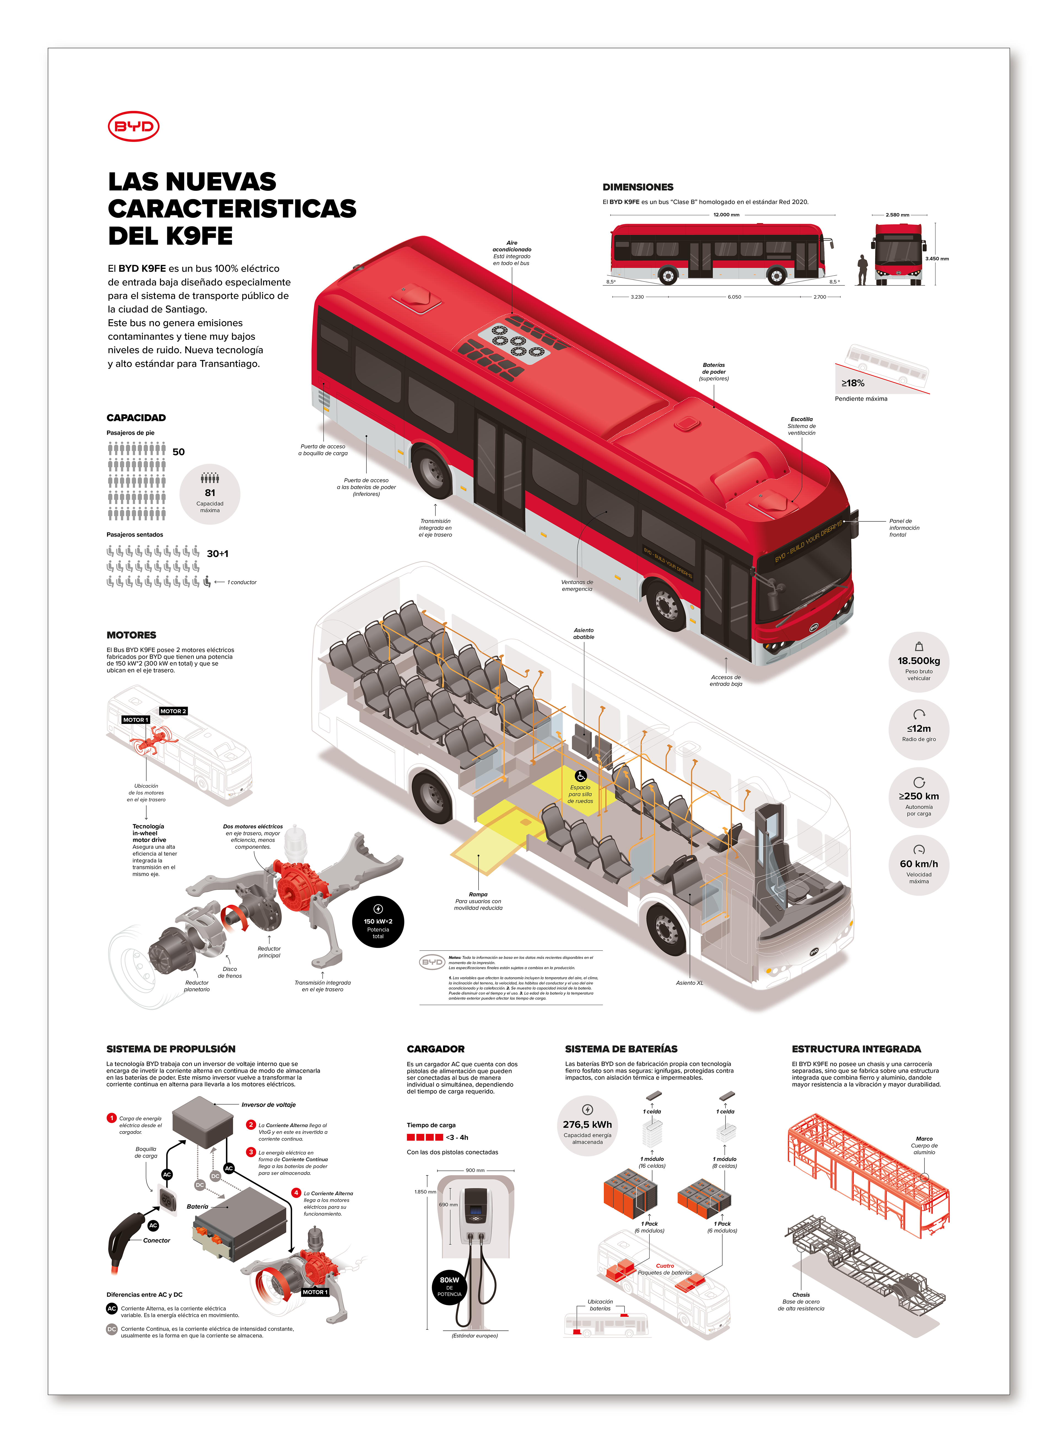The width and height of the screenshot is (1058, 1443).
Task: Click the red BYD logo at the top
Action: [x=133, y=126]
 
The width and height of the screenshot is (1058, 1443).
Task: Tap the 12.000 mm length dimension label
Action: [x=726, y=215]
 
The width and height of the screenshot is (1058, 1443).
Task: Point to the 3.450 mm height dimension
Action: [x=936, y=259]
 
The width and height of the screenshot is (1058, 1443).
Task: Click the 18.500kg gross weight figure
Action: [x=918, y=660]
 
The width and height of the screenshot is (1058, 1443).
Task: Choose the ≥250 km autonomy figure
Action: [x=918, y=796]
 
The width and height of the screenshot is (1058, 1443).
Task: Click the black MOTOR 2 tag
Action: [x=173, y=711]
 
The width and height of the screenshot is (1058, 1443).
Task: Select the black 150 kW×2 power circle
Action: [x=378, y=921]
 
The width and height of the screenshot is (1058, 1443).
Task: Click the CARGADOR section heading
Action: [x=436, y=1048]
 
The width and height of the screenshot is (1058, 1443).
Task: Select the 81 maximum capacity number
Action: [x=210, y=492]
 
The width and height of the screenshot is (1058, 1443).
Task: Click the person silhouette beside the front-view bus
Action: [x=863, y=270]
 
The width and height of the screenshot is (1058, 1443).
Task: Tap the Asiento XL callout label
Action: [x=689, y=982]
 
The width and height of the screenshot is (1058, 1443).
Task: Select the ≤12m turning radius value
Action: [x=918, y=728]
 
